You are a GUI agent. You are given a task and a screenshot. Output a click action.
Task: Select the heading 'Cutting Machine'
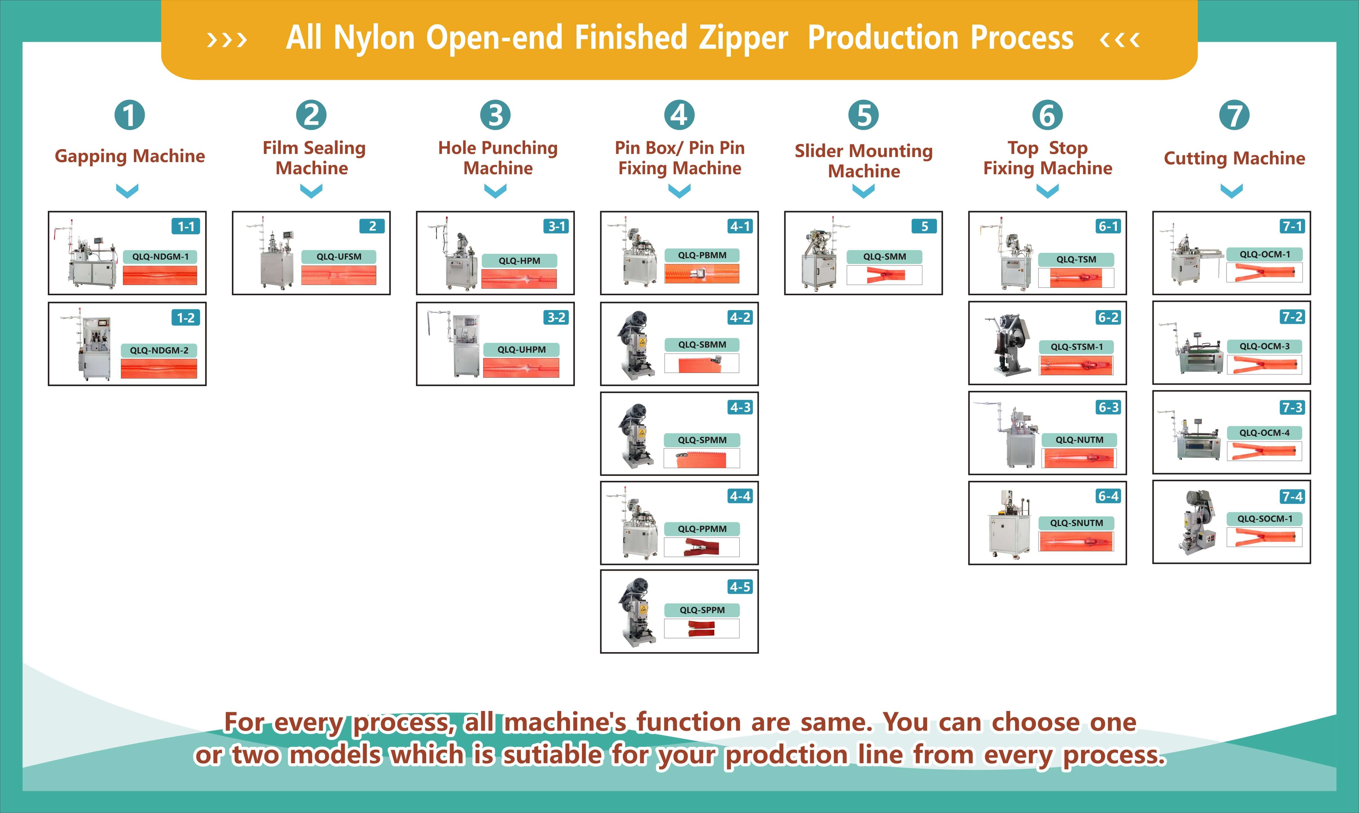point(1234,158)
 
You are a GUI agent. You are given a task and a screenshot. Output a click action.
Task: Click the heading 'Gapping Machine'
point(130,156)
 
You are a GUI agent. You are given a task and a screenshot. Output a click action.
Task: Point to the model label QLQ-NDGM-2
point(159,350)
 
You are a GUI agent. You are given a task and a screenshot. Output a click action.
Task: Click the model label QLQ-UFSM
point(339,257)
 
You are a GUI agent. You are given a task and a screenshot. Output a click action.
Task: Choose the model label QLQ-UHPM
point(521,350)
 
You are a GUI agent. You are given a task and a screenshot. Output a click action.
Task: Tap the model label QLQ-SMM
point(885,257)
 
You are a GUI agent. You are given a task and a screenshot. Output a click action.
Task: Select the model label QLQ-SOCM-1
point(1265,519)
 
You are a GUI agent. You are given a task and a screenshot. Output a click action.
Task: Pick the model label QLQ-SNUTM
point(1076,523)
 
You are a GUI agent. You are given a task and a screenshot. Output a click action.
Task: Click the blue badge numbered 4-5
point(740,587)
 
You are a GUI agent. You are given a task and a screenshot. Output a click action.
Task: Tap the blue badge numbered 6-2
point(1108,317)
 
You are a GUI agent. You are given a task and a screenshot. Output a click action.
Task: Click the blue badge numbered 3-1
point(556,226)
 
